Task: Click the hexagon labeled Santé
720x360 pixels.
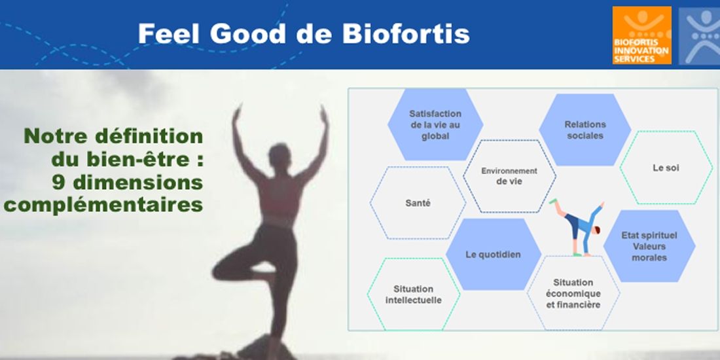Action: coord(418,202)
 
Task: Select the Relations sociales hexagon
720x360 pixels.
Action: coord(585,130)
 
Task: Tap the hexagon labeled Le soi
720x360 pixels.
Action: coord(666,168)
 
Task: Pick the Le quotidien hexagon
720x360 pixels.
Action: coord(494,255)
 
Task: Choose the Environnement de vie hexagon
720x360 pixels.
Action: coord(509,176)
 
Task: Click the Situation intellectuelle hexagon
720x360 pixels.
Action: coord(414,295)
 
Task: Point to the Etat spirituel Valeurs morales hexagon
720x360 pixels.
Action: coord(649,246)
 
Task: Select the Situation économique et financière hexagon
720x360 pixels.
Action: coord(573,293)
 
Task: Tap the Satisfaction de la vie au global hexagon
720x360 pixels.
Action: coord(435,124)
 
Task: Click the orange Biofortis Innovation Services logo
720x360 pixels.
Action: coord(642,35)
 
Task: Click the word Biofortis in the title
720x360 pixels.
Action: coord(406,34)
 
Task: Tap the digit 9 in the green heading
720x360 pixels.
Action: coord(58,183)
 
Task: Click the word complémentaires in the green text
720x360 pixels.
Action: coord(103,206)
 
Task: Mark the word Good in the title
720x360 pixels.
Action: coord(249,34)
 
